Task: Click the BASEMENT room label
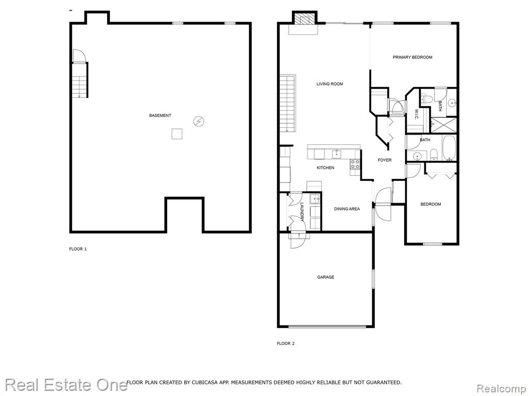click(160, 115)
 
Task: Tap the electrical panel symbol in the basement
click(199, 121)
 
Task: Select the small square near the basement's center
click(177, 134)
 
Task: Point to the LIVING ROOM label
click(329, 84)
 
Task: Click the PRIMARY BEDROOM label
click(412, 57)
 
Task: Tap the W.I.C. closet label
click(417, 114)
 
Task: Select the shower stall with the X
click(444, 125)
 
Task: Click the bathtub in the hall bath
click(449, 148)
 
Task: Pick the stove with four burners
click(355, 164)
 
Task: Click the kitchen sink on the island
click(336, 154)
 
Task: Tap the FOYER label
click(385, 160)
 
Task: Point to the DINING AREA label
click(347, 209)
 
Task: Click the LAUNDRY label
click(302, 211)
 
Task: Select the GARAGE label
click(326, 277)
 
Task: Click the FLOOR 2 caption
click(286, 343)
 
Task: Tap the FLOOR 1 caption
click(78, 249)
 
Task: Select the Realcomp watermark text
click(501, 389)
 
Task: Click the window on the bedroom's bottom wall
click(433, 244)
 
